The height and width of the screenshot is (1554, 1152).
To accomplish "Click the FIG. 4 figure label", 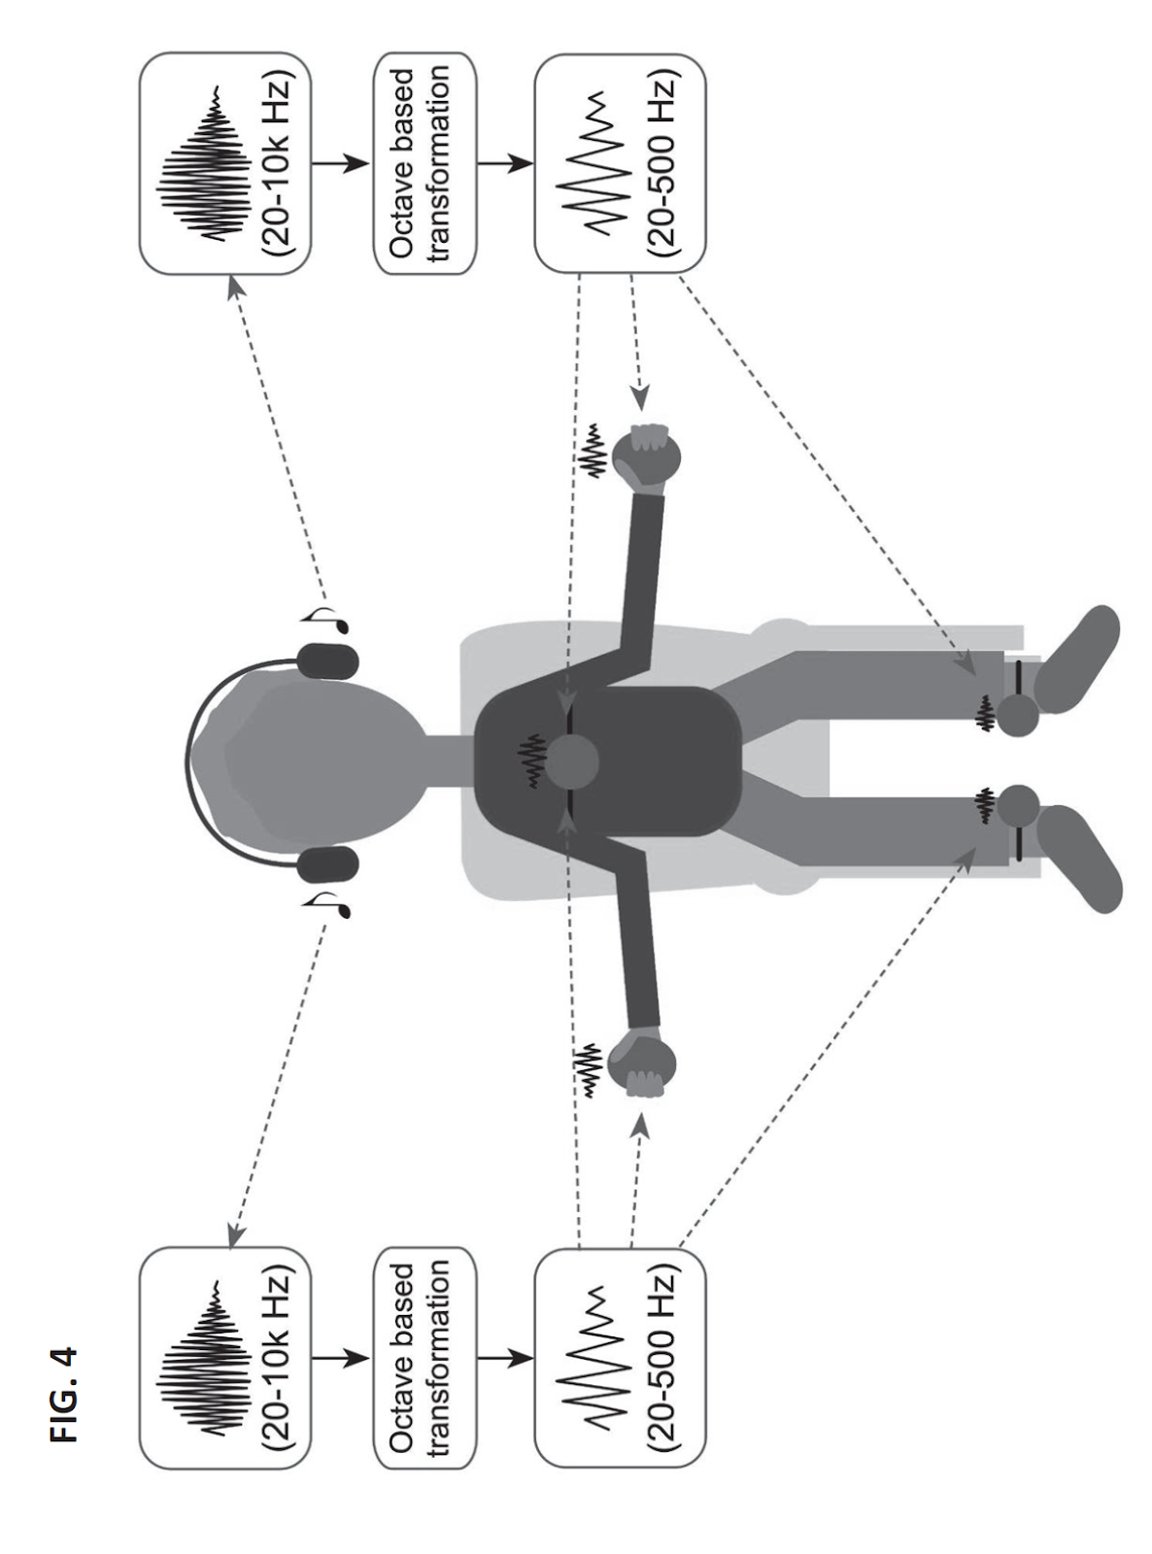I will click(x=66, y=1393).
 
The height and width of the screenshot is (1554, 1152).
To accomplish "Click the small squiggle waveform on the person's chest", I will click(x=531, y=761).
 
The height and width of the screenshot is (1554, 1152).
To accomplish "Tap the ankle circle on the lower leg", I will click(x=1018, y=805).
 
